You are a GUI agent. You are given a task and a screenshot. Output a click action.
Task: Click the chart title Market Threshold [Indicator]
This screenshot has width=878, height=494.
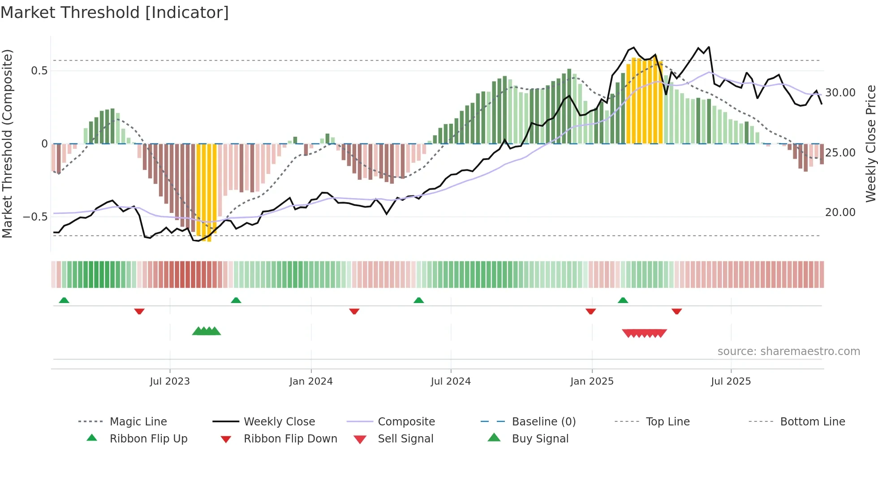[x=115, y=13]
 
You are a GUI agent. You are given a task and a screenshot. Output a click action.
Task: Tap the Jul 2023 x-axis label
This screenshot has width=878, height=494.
[x=170, y=381]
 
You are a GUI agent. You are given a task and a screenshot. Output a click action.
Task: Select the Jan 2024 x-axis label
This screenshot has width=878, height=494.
[x=311, y=381]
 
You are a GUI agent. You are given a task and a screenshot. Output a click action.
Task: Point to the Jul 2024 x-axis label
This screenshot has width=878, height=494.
[x=451, y=381]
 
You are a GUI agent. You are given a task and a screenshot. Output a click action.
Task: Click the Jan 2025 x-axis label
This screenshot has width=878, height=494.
[x=592, y=381]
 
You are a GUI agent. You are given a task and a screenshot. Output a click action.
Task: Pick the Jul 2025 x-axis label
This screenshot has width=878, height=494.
[x=731, y=381]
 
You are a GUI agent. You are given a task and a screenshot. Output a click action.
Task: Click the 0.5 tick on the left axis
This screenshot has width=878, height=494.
[x=39, y=71]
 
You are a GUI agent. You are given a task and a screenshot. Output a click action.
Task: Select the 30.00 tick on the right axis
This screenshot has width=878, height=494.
[x=840, y=93]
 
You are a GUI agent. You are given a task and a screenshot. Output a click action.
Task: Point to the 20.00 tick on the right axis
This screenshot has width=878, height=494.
[x=840, y=212]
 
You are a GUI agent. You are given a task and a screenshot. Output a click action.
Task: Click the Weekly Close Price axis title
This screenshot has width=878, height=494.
[x=870, y=143]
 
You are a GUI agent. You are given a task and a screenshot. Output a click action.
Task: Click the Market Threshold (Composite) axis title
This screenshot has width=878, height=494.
[x=7, y=143]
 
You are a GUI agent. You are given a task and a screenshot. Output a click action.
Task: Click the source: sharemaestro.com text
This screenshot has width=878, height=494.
[x=788, y=351]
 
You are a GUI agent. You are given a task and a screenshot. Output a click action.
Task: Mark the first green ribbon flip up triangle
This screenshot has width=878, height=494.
[x=64, y=300]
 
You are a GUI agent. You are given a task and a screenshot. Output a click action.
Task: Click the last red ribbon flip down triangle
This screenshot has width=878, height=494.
[x=676, y=311]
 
